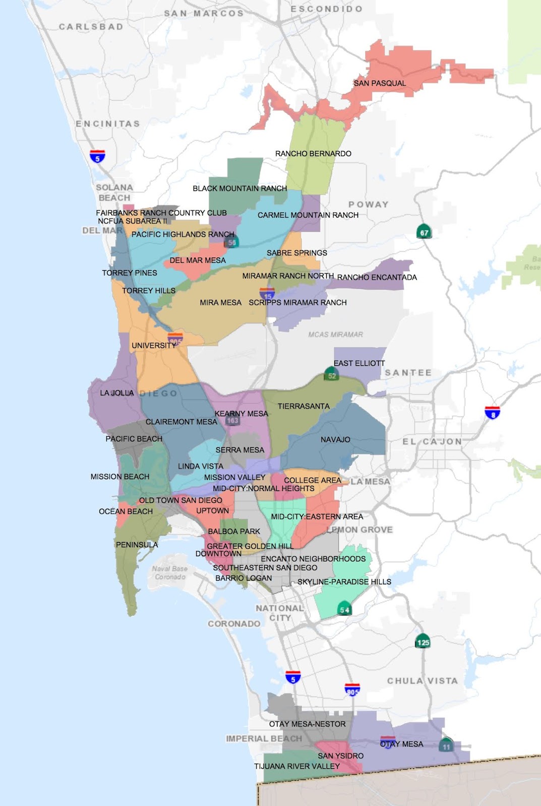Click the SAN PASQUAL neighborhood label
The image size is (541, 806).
coord(379,83)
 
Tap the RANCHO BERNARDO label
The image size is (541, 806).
coord(313,154)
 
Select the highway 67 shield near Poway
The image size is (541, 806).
coord(425,232)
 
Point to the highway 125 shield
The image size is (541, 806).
coord(423,642)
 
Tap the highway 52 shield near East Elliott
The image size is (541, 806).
coord(332,375)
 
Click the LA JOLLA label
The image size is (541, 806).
coord(117,393)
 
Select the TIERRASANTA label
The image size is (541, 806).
coord(304,406)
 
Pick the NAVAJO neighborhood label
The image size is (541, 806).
coord(335,440)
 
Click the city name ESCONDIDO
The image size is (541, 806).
coord(326,9)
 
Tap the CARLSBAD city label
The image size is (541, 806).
coord(91,27)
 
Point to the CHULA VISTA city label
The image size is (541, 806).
coord(423,681)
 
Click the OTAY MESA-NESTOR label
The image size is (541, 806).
coord(307,724)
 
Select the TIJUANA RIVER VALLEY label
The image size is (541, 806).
coord(296,766)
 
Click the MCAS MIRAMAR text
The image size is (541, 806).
coord(335,334)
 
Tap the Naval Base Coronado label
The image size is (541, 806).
coord(170,573)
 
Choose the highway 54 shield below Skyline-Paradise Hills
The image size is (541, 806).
coord(344,609)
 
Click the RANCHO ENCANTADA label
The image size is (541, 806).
coord(377,278)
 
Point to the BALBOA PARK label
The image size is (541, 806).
coord(234,531)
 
